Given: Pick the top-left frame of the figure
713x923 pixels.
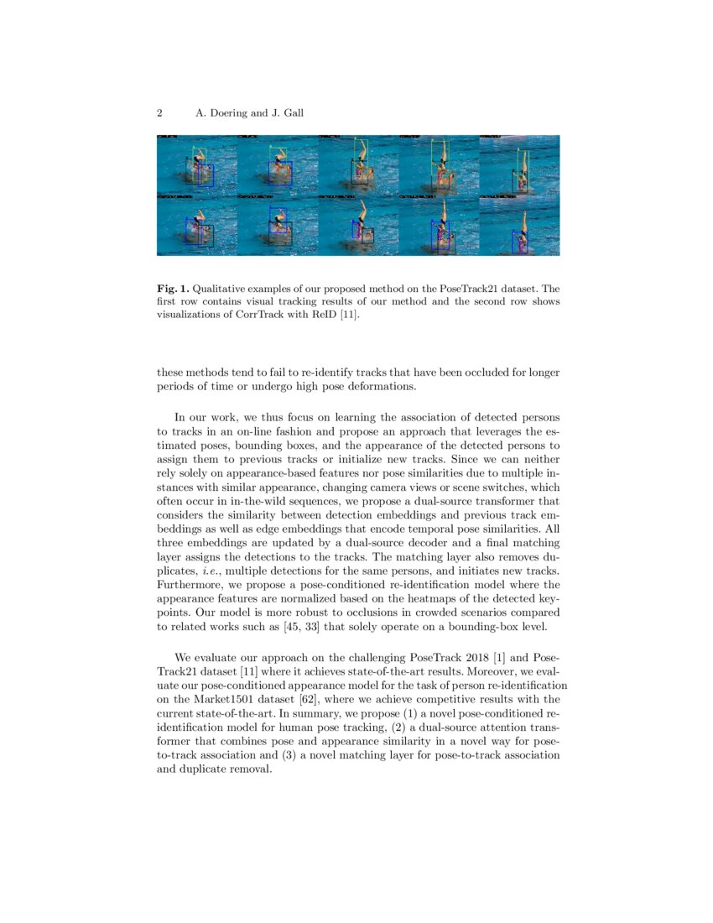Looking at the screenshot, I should point(197,165).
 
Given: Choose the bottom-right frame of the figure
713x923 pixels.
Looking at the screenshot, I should point(519,226).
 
